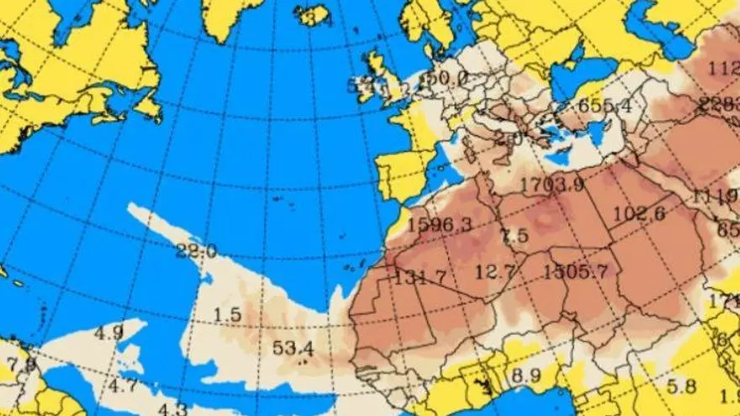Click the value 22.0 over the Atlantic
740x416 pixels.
pyautogui.click(x=197, y=250)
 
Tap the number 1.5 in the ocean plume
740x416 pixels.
pyautogui.click(x=227, y=315)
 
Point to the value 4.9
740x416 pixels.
pyautogui.click(x=108, y=333)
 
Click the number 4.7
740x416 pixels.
pyautogui.click(x=123, y=386)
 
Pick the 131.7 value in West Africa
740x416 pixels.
pyautogui.click(x=420, y=276)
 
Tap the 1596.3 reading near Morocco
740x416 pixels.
pyautogui.click(x=439, y=225)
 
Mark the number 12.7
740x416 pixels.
pyautogui.click(x=494, y=271)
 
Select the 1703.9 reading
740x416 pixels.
pyautogui.click(x=552, y=185)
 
